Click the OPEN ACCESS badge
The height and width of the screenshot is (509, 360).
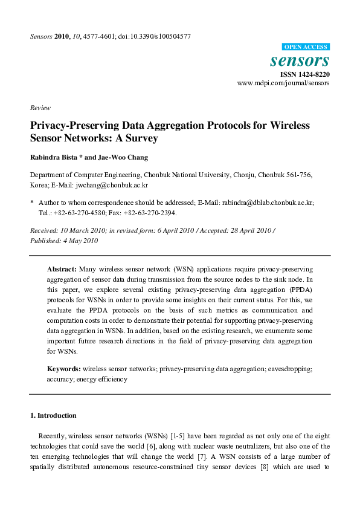coord(306,47)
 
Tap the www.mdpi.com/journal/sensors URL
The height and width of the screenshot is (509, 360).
coord(283,83)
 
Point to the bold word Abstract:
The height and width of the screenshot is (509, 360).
coord(62,268)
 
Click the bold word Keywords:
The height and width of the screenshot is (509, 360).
coord(64,368)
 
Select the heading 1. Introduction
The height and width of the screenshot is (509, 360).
coord(53,415)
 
